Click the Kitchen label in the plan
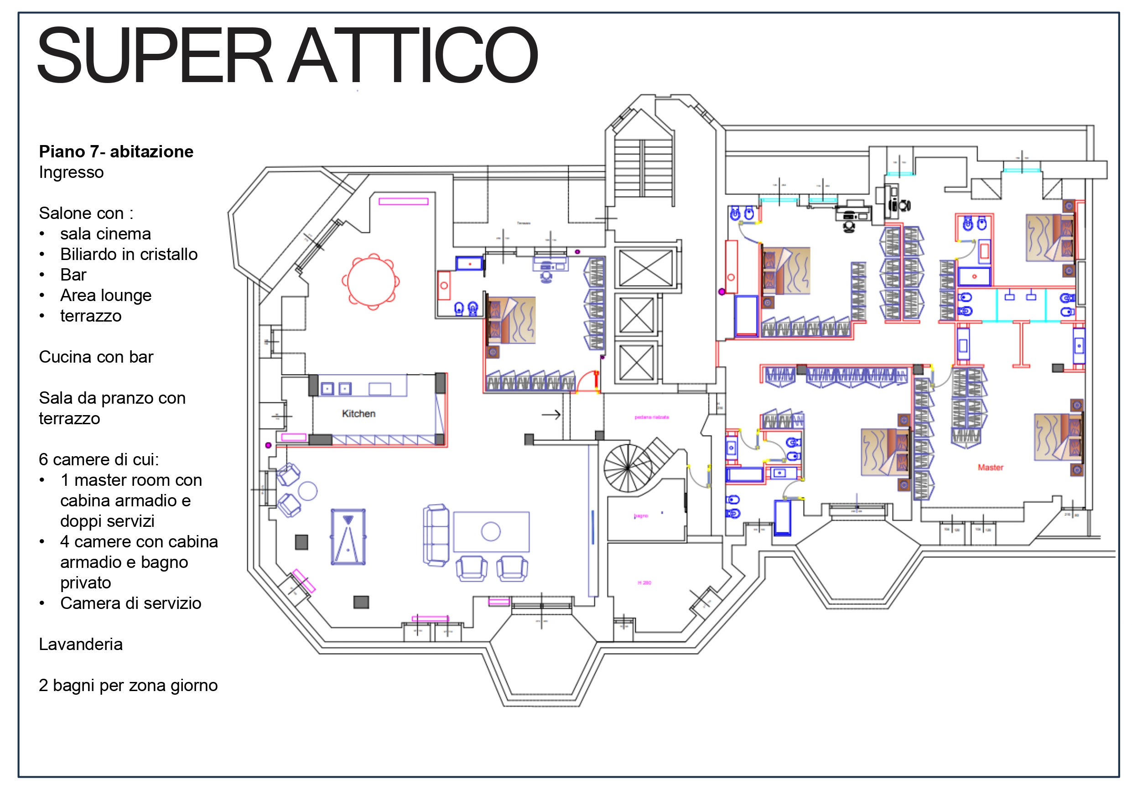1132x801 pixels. (x=358, y=414)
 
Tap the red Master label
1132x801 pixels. (x=990, y=468)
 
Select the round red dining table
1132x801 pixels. (x=371, y=281)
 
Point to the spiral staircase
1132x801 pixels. (x=628, y=468)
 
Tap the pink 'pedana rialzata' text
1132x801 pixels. (x=651, y=417)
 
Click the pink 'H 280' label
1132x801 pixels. (x=644, y=583)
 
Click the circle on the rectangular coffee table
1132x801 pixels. (x=491, y=532)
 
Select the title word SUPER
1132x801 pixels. (x=155, y=55)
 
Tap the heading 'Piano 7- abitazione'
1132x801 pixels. (x=116, y=151)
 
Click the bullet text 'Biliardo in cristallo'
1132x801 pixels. (x=129, y=254)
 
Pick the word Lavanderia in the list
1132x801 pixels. (x=80, y=644)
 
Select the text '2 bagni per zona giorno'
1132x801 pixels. (x=128, y=685)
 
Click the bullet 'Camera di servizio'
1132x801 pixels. (x=130, y=603)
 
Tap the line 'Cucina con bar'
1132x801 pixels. (x=96, y=357)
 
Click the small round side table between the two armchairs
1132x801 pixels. (x=308, y=491)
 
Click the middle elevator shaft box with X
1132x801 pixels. (x=636, y=316)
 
